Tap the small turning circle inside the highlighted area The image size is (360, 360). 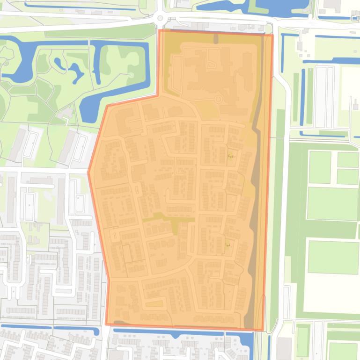click(218, 99)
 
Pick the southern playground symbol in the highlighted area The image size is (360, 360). click(228, 243)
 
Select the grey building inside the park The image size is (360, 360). click(68, 113)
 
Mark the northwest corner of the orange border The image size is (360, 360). click(160, 30)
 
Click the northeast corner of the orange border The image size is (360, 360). click(272, 35)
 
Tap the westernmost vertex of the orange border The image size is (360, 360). click(88, 172)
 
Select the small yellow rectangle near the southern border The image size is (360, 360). click(154, 303)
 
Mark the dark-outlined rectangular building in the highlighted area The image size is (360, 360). click(127, 253)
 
